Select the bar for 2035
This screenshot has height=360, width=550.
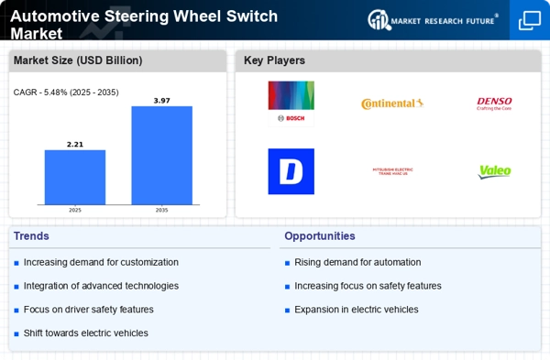[x=161, y=155]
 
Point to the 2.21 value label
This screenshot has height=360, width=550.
[x=75, y=144]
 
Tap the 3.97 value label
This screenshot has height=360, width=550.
[x=161, y=100]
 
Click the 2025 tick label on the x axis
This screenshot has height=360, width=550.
[x=75, y=210]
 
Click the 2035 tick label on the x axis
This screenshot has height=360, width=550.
[x=161, y=210]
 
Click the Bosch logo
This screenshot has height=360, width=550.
[x=291, y=103]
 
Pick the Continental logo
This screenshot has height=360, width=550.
[x=392, y=104]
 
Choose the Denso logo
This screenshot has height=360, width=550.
[x=495, y=104]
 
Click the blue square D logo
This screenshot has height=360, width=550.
[x=291, y=171]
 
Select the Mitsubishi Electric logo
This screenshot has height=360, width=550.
[x=392, y=171]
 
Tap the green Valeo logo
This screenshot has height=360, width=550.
[x=495, y=171]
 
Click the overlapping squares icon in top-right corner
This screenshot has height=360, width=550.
[x=529, y=20]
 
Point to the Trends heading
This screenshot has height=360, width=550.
[x=30, y=235]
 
